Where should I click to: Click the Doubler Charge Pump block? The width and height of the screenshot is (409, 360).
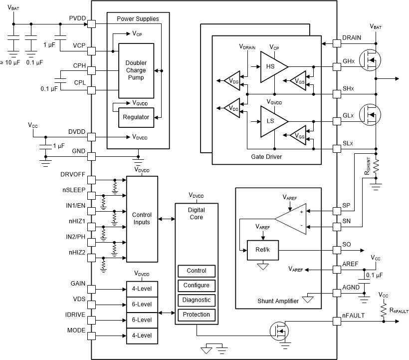pos(136,70)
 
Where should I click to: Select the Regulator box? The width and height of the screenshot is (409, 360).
pos(136,117)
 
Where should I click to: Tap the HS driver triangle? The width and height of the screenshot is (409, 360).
pos(272,66)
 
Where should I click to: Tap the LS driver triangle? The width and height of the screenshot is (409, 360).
pos(272,121)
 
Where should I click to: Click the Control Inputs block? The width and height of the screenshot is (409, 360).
pos(142,218)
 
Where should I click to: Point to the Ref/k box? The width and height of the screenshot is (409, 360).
pos(263,250)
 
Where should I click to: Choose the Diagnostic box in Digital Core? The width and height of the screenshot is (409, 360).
pos(197,300)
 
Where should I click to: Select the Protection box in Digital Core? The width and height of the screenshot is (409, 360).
pos(197,315)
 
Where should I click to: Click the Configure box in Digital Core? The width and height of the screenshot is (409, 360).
pos(197,286)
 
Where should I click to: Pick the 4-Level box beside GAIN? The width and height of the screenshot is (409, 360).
pos(142,289)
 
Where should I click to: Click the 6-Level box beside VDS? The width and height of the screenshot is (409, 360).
pos(142,304)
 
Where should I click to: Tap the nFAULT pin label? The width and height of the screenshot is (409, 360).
pos(353,315)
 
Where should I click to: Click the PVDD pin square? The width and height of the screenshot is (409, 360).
pos(91,24)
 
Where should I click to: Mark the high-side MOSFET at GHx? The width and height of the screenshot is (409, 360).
pos(370,60)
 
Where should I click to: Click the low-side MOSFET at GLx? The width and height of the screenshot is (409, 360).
pos(370,115)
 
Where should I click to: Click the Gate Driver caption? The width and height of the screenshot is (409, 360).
pos(267,157)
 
